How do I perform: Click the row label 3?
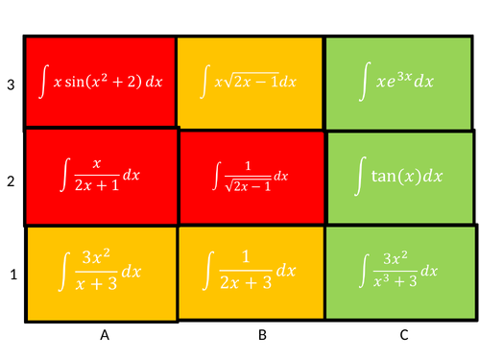coord(11,84)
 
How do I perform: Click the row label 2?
coord(11,179)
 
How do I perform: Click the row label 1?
coord(12,275)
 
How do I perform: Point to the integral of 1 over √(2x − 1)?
coord(251,177)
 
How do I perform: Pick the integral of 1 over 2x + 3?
coord(251,273)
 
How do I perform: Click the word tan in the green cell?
coord(386,177)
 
